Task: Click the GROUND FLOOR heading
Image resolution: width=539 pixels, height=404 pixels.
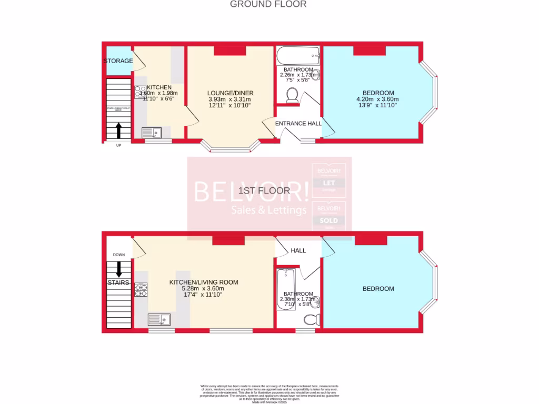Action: point(268,4)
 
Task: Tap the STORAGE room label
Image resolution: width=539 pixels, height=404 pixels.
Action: point(118,61)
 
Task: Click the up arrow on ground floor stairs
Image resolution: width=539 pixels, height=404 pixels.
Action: point(118,129)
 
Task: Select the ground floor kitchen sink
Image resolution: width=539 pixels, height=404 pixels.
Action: point(153,133)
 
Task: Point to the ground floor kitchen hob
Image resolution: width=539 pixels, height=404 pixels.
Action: point(140,92)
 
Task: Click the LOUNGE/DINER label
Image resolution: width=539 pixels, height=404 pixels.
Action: point(229,93)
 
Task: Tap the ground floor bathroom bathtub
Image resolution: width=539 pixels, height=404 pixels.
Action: point(298,55)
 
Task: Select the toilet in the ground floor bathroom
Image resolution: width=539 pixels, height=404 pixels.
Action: point(293,95)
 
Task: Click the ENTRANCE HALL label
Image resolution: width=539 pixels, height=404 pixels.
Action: point(298,124)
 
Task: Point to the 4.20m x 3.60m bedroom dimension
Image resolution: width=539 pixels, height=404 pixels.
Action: point(375,99)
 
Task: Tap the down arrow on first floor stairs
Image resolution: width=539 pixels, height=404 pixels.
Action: point(118,269)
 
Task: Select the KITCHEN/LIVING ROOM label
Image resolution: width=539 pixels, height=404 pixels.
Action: point(203,282)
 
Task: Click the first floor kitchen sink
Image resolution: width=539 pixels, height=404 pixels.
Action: point(159,319)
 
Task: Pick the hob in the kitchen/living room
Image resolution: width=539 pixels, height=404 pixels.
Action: point(141,290)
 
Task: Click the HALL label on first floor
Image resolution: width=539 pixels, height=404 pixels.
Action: point(298,251)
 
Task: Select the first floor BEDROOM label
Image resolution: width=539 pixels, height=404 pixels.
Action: point(378,289)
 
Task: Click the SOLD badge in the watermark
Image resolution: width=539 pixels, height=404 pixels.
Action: point(329,221)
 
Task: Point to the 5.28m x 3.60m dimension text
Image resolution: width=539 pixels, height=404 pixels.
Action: point(203,289)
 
